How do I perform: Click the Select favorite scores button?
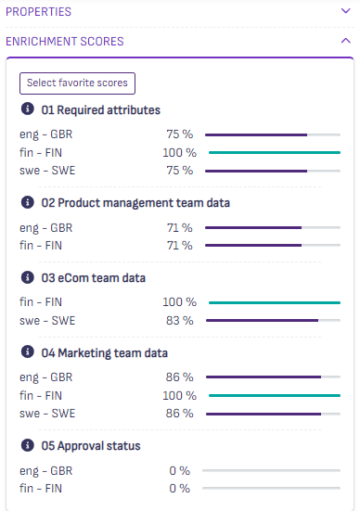click(x=77, y=83)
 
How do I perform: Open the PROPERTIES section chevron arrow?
click(x=346, y=11)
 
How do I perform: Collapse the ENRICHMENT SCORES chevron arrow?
click(x=346, y=41)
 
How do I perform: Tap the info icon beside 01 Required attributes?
click(x=28, y=109)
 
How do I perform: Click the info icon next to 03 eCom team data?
click(x=28, y=277)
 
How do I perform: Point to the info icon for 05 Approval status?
click(x=28, y=445)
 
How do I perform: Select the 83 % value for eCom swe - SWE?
click(x=180, y=320)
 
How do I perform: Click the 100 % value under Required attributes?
click(x=180, y=152)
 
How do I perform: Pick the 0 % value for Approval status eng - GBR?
click(x=180, y=470)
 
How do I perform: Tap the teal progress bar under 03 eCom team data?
click(x=275, y=302)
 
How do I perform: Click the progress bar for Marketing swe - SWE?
click(x=274, y=414)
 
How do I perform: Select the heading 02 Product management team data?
click(x=135, y=203)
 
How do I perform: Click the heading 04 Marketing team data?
click(x=104, y=353)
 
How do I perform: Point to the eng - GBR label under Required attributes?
click(x=46, y=134)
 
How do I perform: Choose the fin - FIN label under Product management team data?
click(x=41, y=245)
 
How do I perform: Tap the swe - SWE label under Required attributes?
click(x=47, y=171)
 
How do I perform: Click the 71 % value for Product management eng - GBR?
click(x=180, y=228)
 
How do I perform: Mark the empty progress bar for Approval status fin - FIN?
click(x=271, y=488)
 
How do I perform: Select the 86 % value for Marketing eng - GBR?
click(x=180, y=377)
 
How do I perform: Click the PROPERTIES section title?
click(x=38, y=12)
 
